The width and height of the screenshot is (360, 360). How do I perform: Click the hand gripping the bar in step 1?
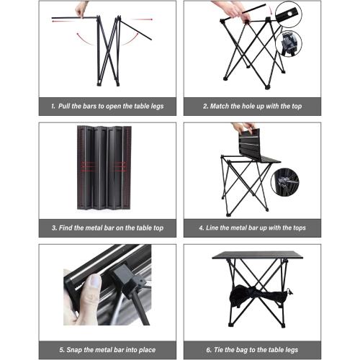coord(81,9)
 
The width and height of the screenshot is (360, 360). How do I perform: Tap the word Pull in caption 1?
coord(66,106)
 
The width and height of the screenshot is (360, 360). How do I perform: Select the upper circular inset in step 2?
coord(288,15)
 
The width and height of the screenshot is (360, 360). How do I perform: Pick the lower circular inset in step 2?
coord(288,44)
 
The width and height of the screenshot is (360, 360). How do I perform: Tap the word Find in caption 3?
coord(66,228)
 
